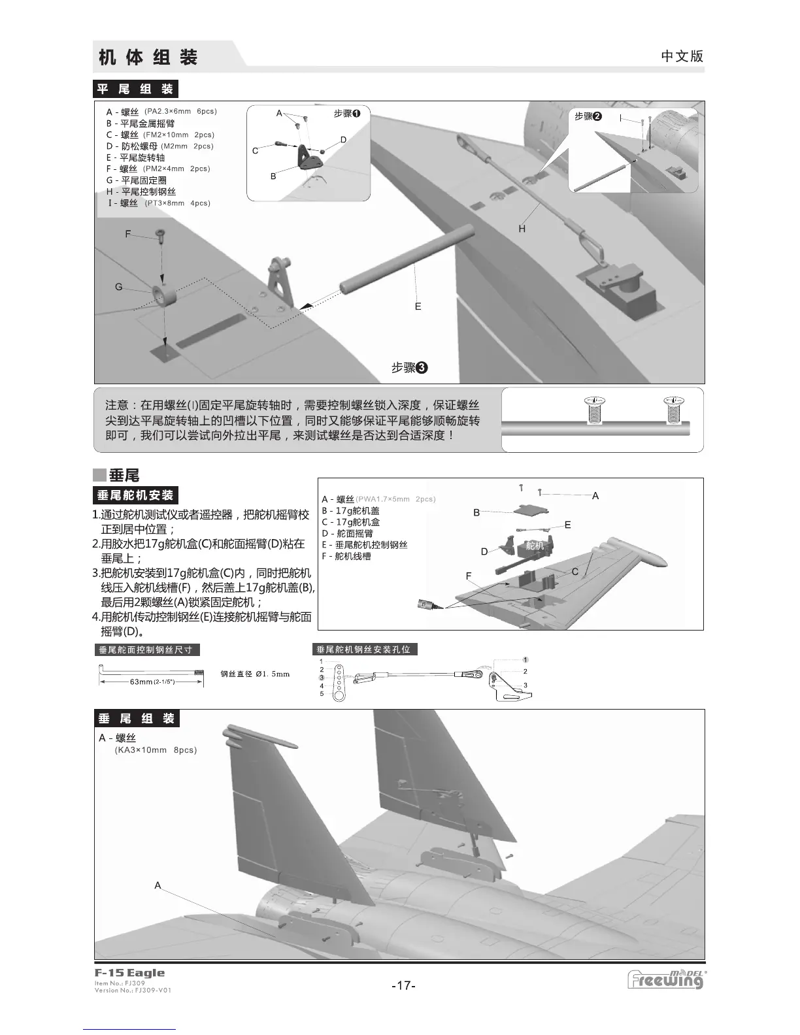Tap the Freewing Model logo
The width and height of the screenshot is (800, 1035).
[x=666, y=979]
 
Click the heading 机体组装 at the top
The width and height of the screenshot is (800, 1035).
[x=148, y=57]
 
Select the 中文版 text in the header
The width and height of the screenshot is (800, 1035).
[x=682, y=56]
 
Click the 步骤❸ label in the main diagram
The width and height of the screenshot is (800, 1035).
[x=409, y=368]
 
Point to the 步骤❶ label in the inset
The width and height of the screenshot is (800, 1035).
[x=347, y=114]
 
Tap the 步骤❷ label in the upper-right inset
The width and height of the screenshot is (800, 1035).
[x=588, y=116]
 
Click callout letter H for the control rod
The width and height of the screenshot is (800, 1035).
[x=522, y=229]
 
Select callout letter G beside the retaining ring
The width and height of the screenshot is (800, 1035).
[x=119, y=287]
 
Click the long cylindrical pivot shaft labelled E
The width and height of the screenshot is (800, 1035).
[x=405, y=261]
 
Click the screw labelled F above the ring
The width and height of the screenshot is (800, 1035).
[x=159, y=234]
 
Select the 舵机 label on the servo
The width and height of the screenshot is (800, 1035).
[x=535, y=546]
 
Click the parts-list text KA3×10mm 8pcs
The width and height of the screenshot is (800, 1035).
[x=156, y=750]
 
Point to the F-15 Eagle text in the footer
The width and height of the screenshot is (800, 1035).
[x=129, y=972]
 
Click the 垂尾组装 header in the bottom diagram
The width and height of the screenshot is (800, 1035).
[x=137, y=719]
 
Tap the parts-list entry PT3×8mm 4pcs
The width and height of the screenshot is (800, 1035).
[x=177, y=203]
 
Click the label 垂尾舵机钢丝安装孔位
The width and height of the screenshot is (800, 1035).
[x=364, y=649]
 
